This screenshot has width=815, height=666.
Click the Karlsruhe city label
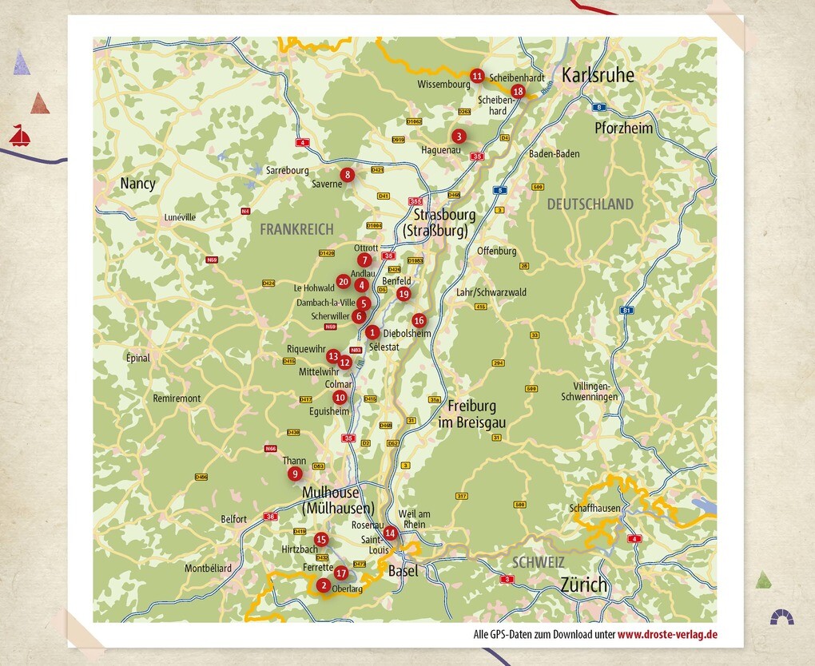(598, 75)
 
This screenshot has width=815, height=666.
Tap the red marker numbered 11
(477, 76)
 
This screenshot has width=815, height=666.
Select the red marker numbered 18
(518, 91)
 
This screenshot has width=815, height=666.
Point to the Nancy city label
(137, 184)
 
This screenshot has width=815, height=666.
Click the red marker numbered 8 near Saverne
(347, 174)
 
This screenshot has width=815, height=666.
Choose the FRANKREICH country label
(296, 229)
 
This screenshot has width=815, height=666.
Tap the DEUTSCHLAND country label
(590, 204)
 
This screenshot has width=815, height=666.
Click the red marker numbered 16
(419, 320)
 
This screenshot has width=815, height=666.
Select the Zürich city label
(583, 585)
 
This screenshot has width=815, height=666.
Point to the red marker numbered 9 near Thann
(295, 474)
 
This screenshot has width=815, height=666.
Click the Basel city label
(403, 571)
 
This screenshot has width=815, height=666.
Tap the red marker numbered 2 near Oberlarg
(323, 585)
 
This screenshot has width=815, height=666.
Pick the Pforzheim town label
(623, 128)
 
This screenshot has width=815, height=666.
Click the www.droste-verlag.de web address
(667, 635)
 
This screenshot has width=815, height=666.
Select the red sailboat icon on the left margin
(20, 136)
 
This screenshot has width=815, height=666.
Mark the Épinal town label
(137, 358)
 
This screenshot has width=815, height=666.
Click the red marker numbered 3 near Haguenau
(459, 136)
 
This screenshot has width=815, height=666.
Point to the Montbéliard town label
(208, 569)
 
